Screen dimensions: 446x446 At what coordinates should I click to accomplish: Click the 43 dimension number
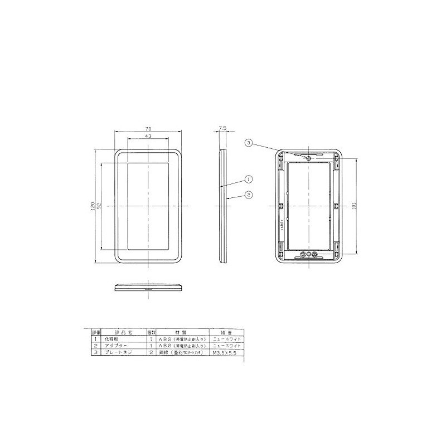click(148, 136)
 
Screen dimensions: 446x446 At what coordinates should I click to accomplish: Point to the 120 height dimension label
click(93, 207)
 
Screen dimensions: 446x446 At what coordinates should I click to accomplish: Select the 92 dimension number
click(99, 207)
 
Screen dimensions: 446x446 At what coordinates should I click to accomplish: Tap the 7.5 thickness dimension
click(222, 128)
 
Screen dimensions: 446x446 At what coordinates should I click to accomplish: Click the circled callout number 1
click(249, 180)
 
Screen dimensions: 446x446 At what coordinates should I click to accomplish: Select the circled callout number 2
click(249, 195)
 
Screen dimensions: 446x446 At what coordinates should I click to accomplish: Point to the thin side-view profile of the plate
click(223, 206)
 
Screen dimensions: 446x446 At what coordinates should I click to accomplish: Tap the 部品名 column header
click(120, 331)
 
